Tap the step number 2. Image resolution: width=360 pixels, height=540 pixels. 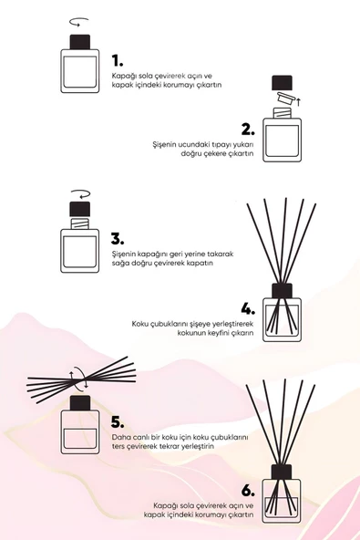pyautogui.click(x=247, y=128)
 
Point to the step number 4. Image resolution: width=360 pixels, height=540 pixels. pyautogui.click(x=247, y=307)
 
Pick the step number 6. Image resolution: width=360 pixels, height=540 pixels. pyautogui.click(x=247, y=488)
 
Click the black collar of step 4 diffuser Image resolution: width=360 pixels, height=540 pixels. pyautogui.click(x=282, y=292)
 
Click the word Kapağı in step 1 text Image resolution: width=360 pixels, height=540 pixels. pyautogui.click(x=123, y=75)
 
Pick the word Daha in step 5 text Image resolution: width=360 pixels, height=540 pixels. pyautogui.click(x=120, y=438)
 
